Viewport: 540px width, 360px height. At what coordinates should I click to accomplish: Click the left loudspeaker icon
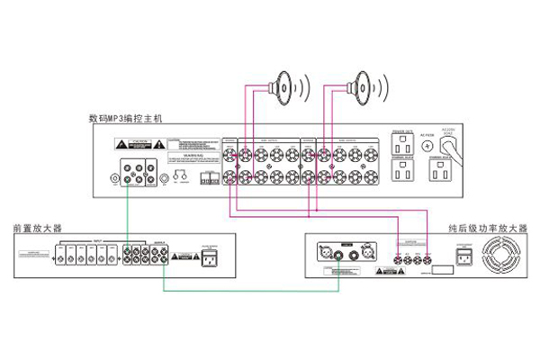tap(286, 87)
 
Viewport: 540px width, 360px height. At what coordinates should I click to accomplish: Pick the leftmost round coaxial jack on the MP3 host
tap(112, 178)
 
